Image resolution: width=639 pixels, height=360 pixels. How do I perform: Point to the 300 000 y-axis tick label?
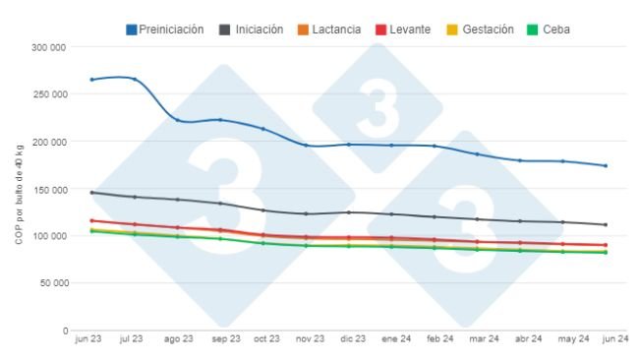[49, 47]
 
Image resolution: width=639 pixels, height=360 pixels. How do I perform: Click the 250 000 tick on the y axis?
[49, 94]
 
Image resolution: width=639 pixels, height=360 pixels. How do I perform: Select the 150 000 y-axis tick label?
[49, 189]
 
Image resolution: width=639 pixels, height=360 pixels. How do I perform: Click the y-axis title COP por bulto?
[19, 193]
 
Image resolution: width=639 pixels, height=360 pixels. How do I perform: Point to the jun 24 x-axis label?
[614, 339]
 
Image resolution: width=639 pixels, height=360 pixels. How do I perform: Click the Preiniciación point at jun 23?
[91, 80]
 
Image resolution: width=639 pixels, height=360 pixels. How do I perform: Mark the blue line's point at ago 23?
[178, 120]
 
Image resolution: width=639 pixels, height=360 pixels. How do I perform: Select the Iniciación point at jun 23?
[91, 193]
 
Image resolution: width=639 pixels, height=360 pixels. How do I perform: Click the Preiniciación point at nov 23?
[306, 146]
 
